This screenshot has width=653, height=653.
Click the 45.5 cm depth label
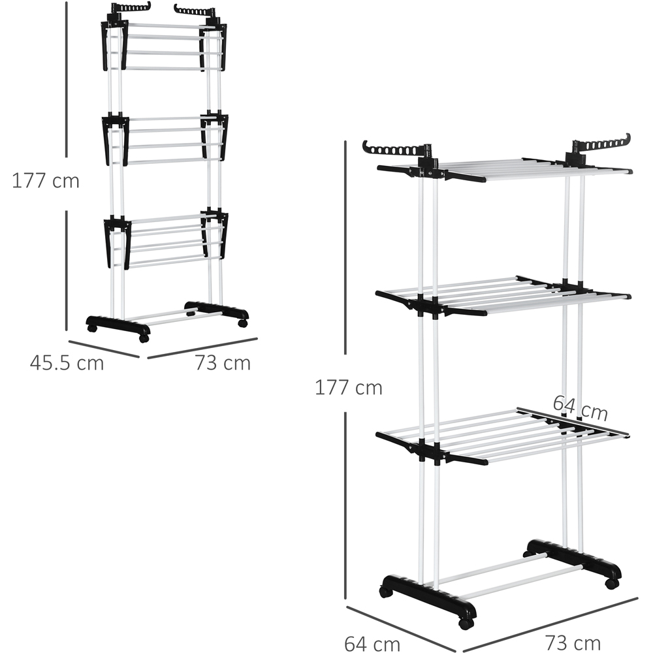click(67, 362)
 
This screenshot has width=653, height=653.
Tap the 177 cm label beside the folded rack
click(46, 181)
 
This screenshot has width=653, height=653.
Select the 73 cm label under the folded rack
click(223, 362)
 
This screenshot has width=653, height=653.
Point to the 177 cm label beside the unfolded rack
click(349, 388)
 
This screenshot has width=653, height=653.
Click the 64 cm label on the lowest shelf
click(581, 408)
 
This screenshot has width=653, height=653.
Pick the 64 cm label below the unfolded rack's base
click(372, 643)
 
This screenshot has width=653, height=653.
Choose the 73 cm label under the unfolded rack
click(573, 643)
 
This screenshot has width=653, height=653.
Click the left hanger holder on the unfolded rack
click(396, 150)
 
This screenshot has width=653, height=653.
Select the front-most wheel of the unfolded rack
click(465, 623)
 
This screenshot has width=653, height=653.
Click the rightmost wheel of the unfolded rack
click(612, 583)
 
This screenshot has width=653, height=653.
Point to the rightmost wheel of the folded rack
click(242, 323)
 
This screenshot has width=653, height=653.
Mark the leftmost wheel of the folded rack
click(92, 328)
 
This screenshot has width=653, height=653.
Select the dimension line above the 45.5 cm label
click(104, 349)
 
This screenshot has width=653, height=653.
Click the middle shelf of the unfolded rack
click(503, 295)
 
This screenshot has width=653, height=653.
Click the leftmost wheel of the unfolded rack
click(385, 592)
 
